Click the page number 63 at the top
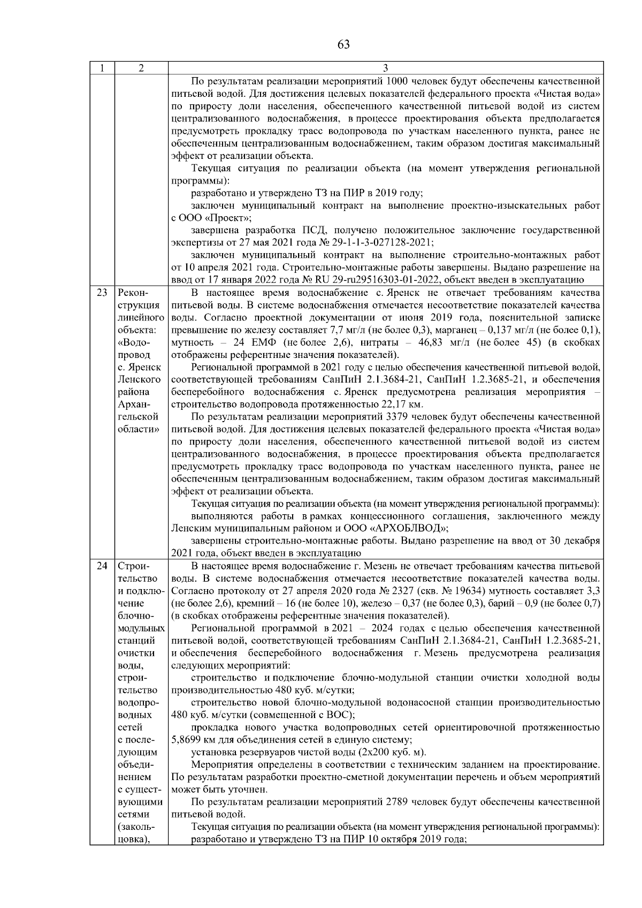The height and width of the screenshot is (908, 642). click(343, 44)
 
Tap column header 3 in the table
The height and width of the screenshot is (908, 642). click(386, 68)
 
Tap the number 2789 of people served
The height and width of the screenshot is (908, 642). click(396, 802)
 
